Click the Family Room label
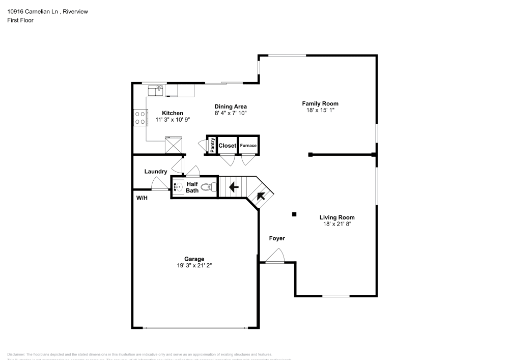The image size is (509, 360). click(319, 103)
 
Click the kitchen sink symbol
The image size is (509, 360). click(155, 90)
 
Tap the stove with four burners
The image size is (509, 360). click(139, 118)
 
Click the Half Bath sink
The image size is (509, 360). click(178, 187)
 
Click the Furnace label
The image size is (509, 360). click(248, 146)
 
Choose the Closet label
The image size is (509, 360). click(227, 146)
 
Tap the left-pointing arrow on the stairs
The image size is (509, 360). click(234, 187)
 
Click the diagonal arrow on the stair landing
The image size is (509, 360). click(260, 196)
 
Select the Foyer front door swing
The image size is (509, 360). click(275, 256)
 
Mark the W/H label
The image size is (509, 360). click(142, 198)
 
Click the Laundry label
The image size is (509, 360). click(155, 172)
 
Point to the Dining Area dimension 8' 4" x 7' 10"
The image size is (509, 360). click(230, 113)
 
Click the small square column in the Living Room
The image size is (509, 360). click(294, 214)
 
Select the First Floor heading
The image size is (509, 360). click(20, 20)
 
